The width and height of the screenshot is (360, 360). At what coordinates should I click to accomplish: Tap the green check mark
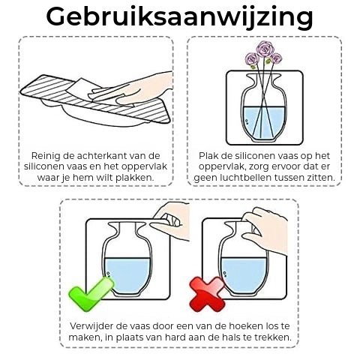pos(91,295)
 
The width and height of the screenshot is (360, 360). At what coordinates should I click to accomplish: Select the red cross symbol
pos(207,294)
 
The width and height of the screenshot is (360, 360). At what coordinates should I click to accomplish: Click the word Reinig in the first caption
pos(46,156)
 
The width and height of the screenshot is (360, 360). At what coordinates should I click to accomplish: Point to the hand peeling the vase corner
pos(170,220)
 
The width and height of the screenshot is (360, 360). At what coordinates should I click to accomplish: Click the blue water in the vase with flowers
pos(263,122)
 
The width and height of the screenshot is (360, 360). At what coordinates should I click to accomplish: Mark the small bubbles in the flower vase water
pos(247,121)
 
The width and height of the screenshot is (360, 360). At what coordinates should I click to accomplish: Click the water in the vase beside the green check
pos(127,274)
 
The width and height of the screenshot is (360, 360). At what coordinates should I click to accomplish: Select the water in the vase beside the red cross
pos(244,274)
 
